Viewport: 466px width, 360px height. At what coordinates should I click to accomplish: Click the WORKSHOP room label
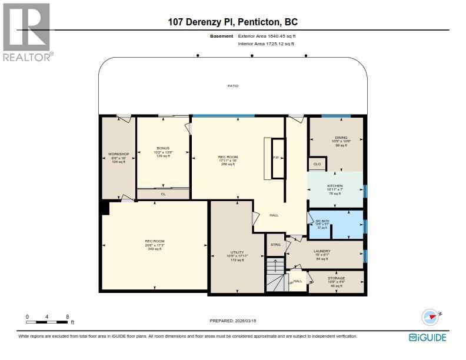119,154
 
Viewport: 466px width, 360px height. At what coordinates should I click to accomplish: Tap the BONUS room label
162,148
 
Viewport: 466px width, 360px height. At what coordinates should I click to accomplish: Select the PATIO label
233,86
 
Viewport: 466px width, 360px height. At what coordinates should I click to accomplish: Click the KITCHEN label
335,185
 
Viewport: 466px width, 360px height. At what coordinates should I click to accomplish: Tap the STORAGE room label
336,278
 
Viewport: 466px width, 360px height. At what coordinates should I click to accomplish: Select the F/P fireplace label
275,158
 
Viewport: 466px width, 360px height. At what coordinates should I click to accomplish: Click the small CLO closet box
317,164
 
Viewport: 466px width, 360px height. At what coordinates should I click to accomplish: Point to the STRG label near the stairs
275,244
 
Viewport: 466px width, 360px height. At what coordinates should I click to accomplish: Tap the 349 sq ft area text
154,249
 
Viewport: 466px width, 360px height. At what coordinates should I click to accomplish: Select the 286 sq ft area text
227,165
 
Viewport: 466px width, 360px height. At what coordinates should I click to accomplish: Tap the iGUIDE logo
427,337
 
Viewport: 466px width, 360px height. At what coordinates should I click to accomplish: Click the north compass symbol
431,316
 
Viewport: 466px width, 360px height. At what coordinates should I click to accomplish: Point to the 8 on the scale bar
68,316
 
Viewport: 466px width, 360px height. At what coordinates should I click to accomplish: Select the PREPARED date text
233,321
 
